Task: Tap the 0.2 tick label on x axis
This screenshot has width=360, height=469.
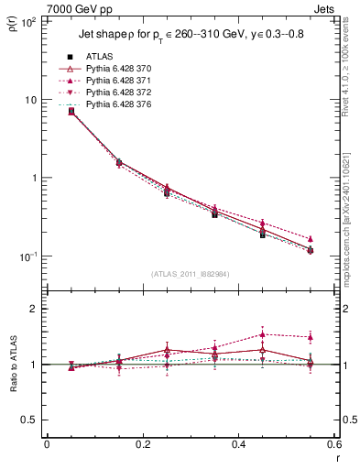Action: (142, 444)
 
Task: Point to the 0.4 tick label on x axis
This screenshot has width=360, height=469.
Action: (236, 444)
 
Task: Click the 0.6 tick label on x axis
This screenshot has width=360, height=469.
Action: (331, 444)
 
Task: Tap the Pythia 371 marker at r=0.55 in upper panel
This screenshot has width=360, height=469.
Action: (311, 239)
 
